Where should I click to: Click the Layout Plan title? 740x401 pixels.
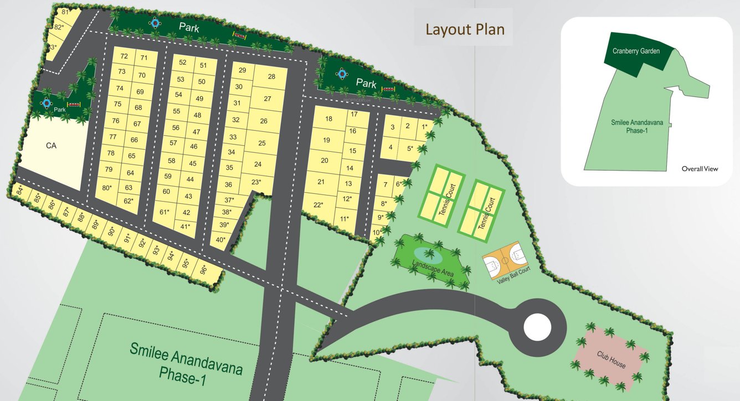coord(465,29)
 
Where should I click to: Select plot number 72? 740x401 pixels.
coord(124,56)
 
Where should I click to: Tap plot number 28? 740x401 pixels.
coord(271,77)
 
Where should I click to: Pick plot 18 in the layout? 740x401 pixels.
coord(328,119)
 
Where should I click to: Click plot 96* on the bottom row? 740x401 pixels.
coord(204,270)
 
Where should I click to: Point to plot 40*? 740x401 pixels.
coord(220,240)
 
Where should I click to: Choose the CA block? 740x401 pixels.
coord(52,146)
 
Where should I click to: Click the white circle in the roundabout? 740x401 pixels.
coord(537,327)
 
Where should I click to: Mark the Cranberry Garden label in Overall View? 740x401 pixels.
coord(636,51)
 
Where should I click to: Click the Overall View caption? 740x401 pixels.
coord(700,168)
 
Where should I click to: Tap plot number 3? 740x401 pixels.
coord(393,127)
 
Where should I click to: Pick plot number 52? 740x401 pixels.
coord(182,63)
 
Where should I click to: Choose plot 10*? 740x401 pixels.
coord(377,233)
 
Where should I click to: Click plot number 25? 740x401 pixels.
coord(262,143)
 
